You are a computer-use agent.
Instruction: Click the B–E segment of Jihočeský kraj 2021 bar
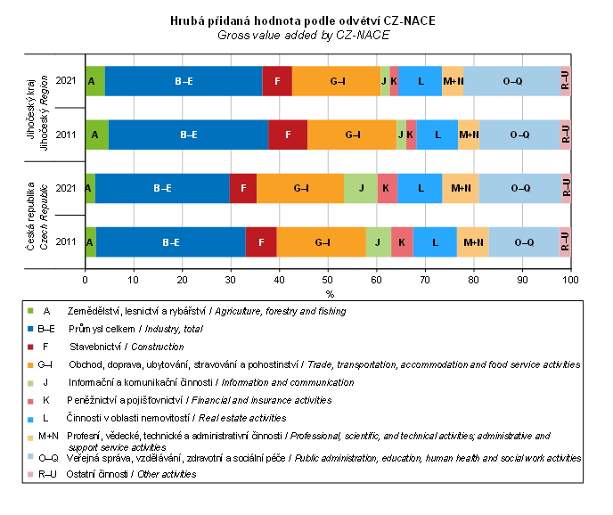pos(184,81)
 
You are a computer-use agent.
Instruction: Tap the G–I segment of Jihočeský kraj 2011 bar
pos(352,135)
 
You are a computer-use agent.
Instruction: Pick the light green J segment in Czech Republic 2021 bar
pos(361,188)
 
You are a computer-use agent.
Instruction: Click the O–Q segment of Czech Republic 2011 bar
pos(524,241)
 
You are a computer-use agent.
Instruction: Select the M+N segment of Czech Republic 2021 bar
pos(461,188)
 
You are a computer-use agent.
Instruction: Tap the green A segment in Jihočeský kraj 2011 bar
pos(96,135)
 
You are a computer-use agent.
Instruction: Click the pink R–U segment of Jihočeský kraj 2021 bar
pos(566,81)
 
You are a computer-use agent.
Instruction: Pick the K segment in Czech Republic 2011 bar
pos(402,241)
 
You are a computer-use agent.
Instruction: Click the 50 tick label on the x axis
pos(328,280)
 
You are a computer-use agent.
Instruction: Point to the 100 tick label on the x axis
pos(570,280)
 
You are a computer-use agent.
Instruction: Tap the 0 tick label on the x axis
pos(86,280)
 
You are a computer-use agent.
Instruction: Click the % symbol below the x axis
pos(329,293)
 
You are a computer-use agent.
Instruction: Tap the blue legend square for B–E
pos(29,329)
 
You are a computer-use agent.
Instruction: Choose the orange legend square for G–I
pos(29,364)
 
